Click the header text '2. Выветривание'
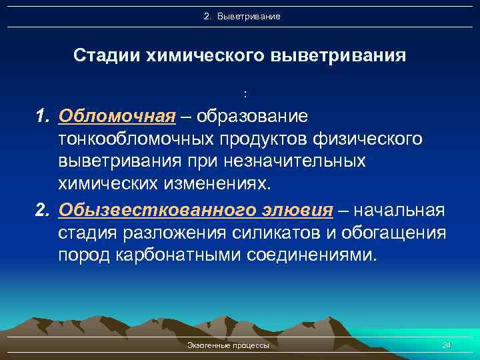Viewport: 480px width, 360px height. pyautogui.click(x=242, y=15)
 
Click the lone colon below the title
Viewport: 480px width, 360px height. pyautogui.click(x=245, y=93)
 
